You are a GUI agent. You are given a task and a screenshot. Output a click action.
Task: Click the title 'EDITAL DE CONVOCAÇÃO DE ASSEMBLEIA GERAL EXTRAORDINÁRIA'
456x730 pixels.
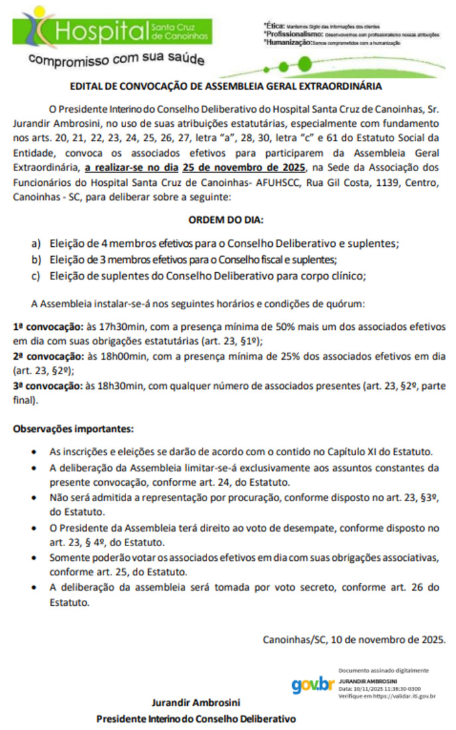pyautogui.click(x=226, y=86)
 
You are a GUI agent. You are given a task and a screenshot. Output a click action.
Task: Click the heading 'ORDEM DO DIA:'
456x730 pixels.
pyautogui.click(x=225, y=220)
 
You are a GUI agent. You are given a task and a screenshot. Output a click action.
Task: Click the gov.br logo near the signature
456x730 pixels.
pyautogui.click(x=312, y=684)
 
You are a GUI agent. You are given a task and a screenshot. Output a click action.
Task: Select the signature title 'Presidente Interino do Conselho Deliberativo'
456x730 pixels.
pyautogui.click(x=196, y=719)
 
